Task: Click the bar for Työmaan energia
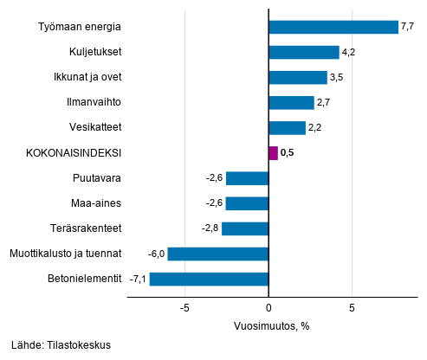point(333,27)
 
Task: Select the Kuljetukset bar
point(304,52)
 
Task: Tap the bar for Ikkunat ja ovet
point(298,77)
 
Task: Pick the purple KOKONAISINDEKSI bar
point(274,153)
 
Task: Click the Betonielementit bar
point(209,279)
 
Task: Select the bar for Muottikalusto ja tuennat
point(218,254)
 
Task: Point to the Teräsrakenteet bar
point(245,228)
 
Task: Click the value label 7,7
point(407,27)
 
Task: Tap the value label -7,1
point(138,279)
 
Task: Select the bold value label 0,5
point(288,153)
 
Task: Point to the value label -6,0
point(156,254)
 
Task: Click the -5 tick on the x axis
point(185,308)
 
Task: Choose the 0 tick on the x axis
point(269,308)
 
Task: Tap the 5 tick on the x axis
point(353,308)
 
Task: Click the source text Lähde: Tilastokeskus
point(61,345)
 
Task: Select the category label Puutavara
point(96,178)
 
